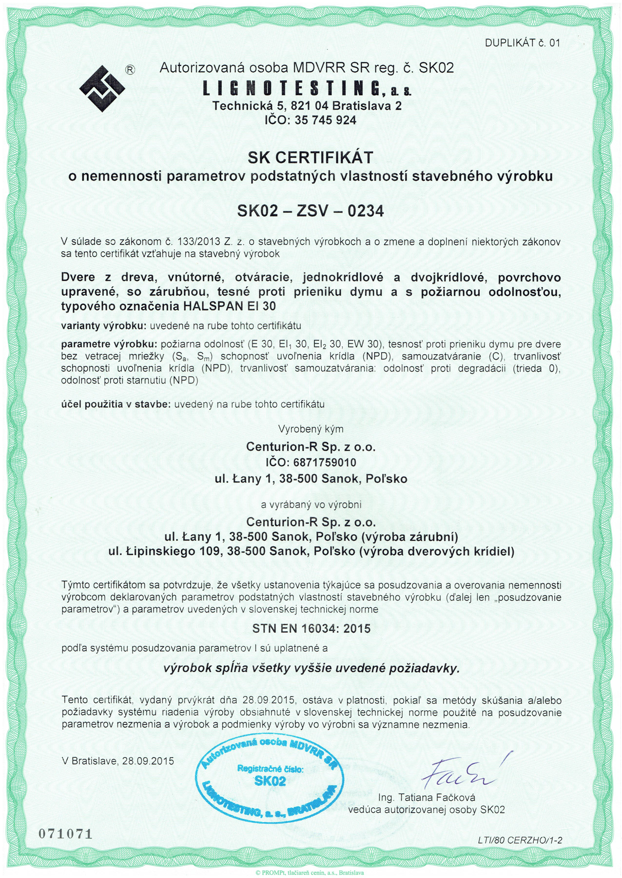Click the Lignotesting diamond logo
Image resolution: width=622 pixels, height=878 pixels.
click(x=102, y=88)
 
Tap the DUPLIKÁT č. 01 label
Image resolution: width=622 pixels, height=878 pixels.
click(x=522, y=43)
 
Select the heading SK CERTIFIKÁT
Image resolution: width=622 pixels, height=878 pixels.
click(x=311, y=158)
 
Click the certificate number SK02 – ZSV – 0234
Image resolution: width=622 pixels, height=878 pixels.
click(x=311, y=211)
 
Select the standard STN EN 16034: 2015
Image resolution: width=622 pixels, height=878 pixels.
click(x=311, y=629)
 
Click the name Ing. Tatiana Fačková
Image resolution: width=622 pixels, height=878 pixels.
click(x=427, y=798)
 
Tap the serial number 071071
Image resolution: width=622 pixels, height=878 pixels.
click(x=65, y=833)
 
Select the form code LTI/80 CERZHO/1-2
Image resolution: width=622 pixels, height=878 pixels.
click(x=520, y=840)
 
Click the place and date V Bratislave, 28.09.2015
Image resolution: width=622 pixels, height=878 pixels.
click(x=117, y=761)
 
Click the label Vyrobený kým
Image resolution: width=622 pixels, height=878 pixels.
click(x=311, y=429)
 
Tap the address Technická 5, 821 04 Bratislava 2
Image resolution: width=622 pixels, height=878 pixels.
click(x=307, y=106)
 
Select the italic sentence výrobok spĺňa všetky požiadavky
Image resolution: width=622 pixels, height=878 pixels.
click(x=311, y=668)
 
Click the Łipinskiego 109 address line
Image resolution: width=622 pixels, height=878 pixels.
click(x=311, y=552)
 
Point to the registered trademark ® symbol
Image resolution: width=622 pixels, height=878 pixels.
click(x=130, y=70)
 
